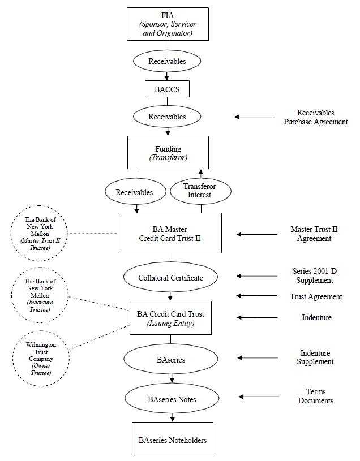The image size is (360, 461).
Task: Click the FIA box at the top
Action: pos(168,24)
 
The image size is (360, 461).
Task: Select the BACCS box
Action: pos(167,89)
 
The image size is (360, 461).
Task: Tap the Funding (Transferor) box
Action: pos(168,152)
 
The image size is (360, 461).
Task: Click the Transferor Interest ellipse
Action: pos(200,191)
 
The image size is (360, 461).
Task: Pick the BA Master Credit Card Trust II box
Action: pos(170,233)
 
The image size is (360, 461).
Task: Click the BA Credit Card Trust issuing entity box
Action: pos(170,318)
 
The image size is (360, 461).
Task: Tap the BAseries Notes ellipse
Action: pos(172,399)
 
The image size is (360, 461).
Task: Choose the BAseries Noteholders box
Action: pos(173,438)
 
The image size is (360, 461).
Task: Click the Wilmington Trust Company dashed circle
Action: pos(41,359)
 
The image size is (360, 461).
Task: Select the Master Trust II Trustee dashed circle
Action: pos(39,234)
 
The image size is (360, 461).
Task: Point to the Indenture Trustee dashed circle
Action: pos(40,295)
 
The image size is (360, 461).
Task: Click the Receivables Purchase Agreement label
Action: pos(316,117)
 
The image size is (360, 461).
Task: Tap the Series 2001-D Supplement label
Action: pos(314,275)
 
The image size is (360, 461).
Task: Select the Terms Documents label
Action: pos(316,396)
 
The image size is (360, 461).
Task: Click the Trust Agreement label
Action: pos(316,296)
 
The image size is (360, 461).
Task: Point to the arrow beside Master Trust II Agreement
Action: pos(257,234)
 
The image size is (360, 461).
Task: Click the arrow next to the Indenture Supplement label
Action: pos(258,358)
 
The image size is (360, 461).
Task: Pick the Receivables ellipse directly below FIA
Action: pos(167,61)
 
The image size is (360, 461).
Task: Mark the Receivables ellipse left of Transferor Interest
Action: pos(135,192)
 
